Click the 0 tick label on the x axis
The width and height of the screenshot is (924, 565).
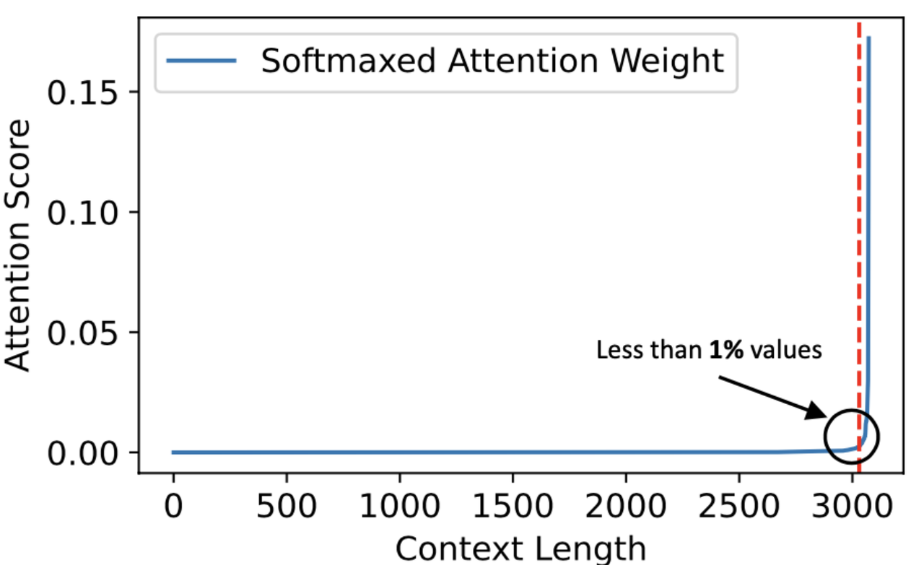point(173,508)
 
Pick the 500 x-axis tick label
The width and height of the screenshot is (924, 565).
point(287,508)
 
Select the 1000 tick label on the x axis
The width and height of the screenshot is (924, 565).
point(400,508)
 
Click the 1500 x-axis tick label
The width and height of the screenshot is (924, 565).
point(513,508)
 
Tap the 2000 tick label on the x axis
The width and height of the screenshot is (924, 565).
point(626,508)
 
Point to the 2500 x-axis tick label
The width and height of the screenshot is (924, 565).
point(738,508)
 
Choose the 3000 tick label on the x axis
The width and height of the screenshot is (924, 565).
point(852,508)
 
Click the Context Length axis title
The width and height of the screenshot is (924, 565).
point(520,548)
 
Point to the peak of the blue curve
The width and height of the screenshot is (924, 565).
point(869,38)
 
